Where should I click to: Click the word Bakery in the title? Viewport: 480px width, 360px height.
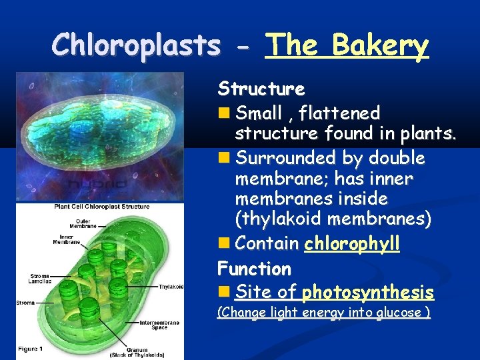click(x=380, y=46)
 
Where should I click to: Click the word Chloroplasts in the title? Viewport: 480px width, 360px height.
click(x=137, y=46)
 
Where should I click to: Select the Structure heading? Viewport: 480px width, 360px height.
click(x=261, y=89)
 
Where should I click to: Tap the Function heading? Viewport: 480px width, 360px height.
click(x=255, y=269)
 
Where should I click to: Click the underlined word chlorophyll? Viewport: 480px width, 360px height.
click(x=351, y=244)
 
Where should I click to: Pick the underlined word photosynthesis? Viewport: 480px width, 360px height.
click(x=367, y=293)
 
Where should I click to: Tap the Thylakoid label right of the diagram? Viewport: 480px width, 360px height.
click(x=171, y=287)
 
